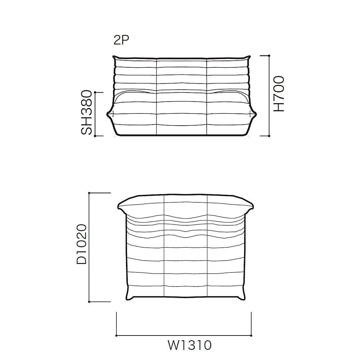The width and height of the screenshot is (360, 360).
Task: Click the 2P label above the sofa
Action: [x=121, y=40]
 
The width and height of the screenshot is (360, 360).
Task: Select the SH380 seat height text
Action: [x=86, y=112]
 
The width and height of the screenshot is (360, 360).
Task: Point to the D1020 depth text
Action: [x=82, y=244]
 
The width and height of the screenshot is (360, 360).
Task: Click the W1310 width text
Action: [x=190, y=345]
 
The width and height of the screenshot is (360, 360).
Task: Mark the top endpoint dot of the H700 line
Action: [x=269, y=55]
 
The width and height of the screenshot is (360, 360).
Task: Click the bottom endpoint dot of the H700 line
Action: [x=269, y=136]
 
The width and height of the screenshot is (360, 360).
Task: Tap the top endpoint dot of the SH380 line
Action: [x=95, y=92]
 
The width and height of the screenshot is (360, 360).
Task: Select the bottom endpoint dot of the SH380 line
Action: [x=95, y=136]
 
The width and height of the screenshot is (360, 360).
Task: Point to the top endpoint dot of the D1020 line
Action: [x=89, y=193]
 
